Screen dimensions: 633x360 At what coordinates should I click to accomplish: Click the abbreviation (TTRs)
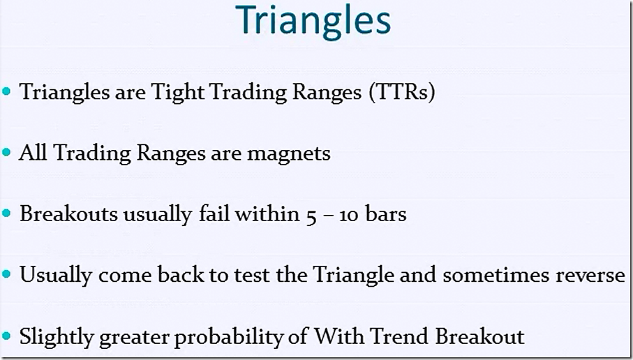pos(401,92)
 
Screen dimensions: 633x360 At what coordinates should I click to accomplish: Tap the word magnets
pos(289,153)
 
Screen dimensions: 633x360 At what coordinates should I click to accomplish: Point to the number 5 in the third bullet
pos(311,215)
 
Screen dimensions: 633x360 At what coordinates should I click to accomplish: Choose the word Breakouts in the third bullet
pos(69,214)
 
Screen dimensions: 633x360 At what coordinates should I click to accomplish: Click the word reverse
pos(590,276)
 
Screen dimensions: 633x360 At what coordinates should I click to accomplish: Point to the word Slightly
pos(56,337)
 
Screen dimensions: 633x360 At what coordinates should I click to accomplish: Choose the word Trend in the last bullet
pos(400,336)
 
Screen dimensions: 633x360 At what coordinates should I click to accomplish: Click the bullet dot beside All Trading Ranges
pos(6,153)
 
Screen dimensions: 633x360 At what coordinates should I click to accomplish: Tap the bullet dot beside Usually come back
pos(6,274)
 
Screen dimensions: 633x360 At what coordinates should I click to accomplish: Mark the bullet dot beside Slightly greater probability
pos(6,336)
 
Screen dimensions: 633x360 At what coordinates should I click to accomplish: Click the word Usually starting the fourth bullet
pos(56,276)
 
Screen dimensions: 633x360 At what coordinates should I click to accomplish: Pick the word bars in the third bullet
pos(387,214)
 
